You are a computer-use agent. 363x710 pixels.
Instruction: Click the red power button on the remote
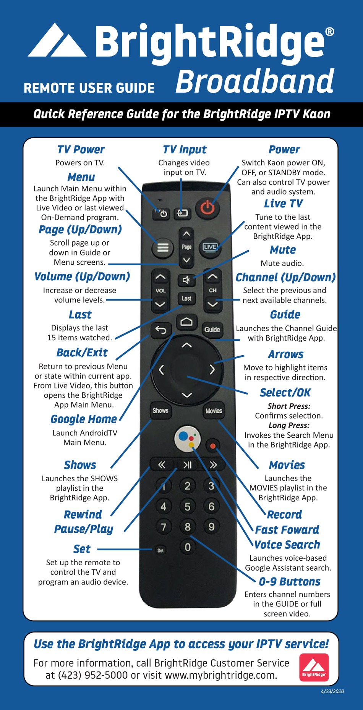207,209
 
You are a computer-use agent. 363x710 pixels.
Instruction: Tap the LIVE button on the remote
210,247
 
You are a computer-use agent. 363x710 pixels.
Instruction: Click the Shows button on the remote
160,411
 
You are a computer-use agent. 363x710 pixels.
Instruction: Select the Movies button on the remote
214,411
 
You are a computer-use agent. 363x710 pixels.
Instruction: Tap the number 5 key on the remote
187,507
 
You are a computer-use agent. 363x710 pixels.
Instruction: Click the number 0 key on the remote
188,547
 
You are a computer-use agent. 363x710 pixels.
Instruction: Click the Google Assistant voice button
187,438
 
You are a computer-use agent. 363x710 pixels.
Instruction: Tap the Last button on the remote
186,299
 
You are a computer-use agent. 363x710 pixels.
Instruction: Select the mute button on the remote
186,280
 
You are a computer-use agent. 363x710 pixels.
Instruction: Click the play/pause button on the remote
187,465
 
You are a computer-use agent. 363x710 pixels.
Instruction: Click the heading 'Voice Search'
287,545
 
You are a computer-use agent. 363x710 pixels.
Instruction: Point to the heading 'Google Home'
84,419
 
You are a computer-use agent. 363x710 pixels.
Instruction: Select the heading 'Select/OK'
285,393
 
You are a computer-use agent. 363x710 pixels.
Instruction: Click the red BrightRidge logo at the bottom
314,667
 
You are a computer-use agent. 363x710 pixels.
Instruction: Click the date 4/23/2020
332,691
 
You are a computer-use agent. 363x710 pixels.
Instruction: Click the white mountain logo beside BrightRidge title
57,41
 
